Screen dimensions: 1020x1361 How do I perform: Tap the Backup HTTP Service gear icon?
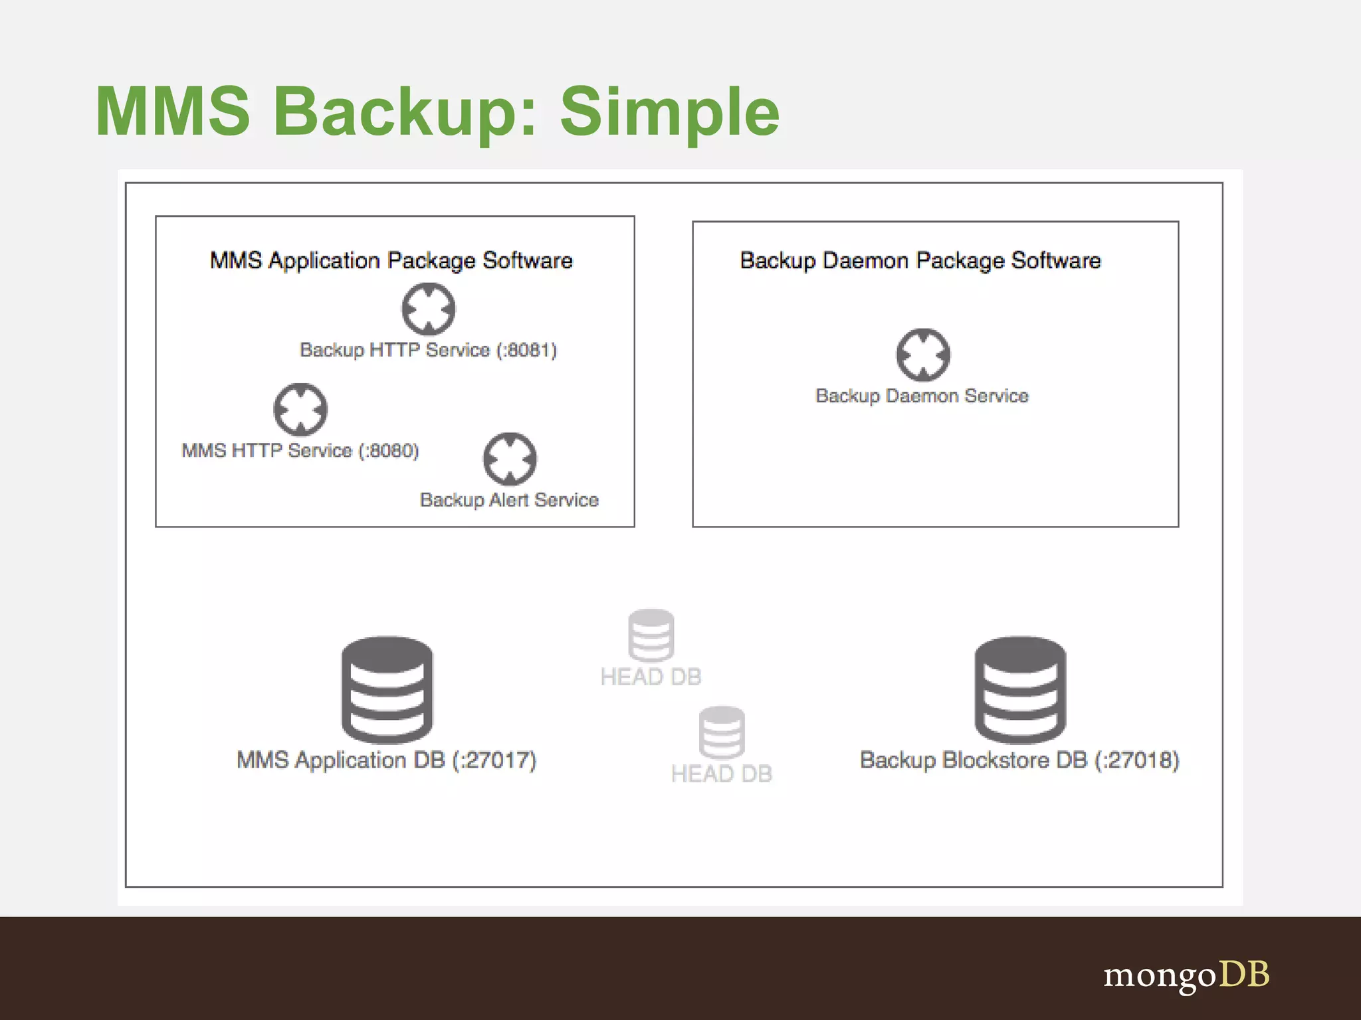tap(429, 309)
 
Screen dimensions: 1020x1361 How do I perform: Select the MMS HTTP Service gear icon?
tap(300, 410)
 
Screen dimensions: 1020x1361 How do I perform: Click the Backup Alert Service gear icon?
tap(510, 459)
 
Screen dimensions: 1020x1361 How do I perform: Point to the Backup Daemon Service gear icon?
tap(923, 355)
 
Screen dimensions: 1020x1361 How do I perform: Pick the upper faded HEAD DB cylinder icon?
tap(651, 635)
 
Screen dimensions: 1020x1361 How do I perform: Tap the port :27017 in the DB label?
tap(494, 760)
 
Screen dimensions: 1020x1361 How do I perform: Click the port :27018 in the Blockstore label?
tap(1137, 760)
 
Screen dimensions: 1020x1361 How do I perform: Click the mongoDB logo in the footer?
tap(1186, 975)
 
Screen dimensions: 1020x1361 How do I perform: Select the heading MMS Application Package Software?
tap(391, 260)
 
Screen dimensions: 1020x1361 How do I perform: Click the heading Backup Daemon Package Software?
tap(920, 260)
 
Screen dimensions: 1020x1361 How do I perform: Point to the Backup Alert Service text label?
tap(509, 500)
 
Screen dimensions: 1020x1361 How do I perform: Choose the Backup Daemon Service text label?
tap(922, 396)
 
